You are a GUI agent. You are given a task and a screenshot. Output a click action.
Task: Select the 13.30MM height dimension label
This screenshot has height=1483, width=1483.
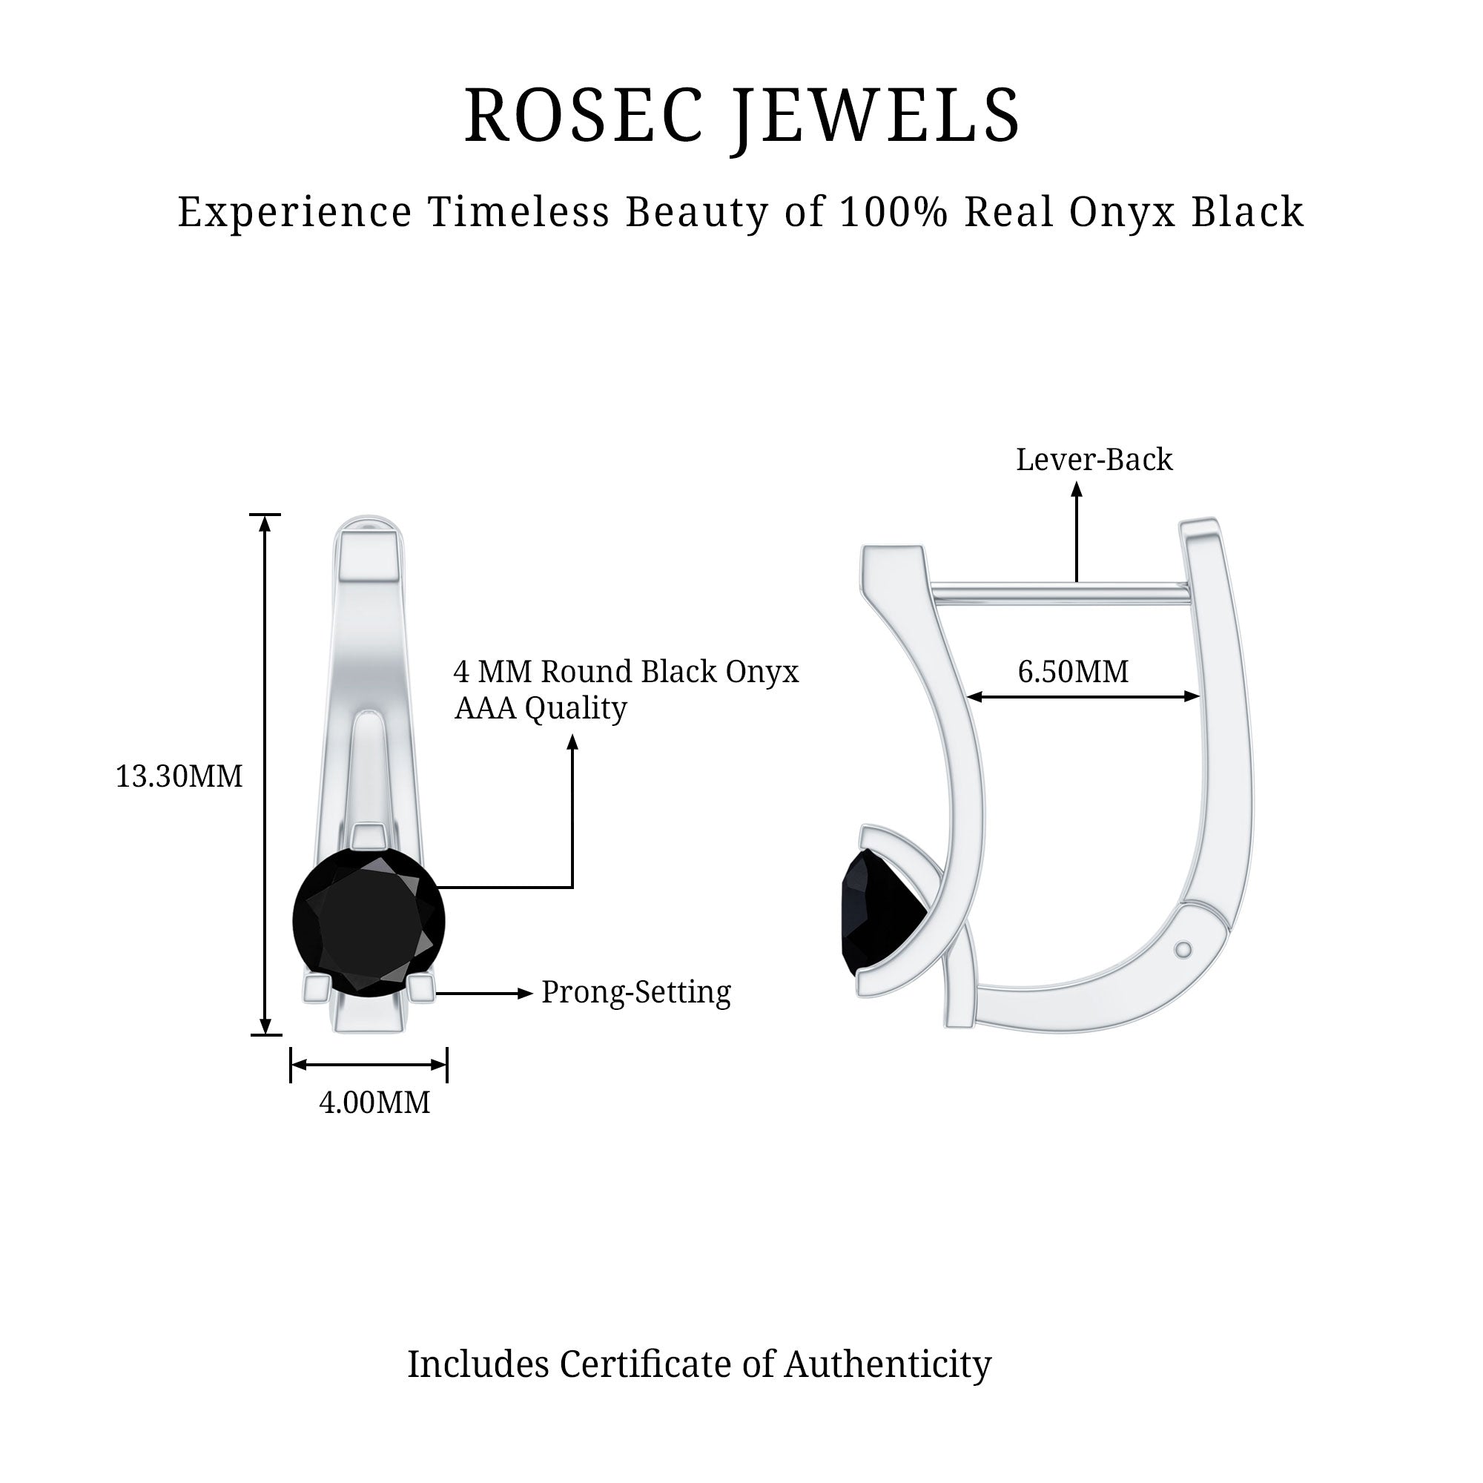click(179, 777)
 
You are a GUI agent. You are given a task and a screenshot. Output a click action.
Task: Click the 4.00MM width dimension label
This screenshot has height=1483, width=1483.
click(374, 1103)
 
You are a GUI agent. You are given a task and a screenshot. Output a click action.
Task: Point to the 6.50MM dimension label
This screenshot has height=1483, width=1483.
click(1073, 672)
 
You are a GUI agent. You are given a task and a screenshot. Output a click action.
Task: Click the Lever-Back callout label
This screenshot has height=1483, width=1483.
click(1094, 460)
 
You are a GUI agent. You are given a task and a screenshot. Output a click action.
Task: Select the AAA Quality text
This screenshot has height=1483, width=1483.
click(541, 707)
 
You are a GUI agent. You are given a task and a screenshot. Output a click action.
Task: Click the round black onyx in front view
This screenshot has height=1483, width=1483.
click(369, 921)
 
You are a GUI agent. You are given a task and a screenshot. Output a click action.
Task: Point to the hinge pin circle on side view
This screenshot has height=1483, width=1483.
click(1183, 951)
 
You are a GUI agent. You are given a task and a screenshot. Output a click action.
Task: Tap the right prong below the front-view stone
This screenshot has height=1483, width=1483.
click(421, 988)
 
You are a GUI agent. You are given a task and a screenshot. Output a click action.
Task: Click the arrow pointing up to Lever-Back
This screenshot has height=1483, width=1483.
click(1077, 529)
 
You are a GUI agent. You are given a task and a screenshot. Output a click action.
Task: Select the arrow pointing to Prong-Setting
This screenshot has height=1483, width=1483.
click(483, 994)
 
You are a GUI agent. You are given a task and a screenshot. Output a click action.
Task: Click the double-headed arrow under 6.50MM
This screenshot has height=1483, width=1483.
click(1083, 696)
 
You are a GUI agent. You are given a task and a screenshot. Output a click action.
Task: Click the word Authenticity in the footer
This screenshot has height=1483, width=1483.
click(888, 1364)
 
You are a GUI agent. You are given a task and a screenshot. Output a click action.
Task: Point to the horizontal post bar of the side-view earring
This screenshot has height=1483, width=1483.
click(1060, 592)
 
